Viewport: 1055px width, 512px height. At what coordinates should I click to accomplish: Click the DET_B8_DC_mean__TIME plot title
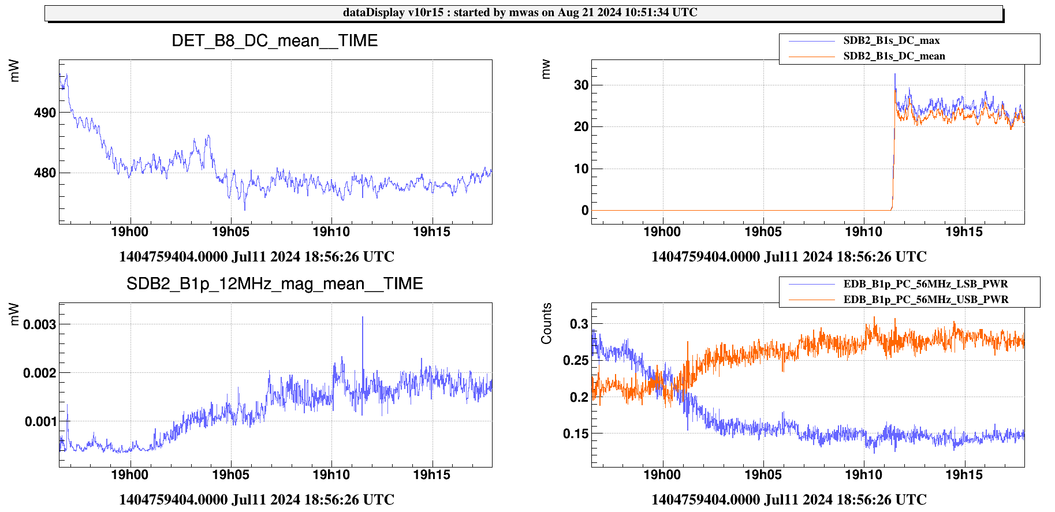click(275, 41)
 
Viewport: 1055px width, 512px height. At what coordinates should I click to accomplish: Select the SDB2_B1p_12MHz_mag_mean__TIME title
click(275, 284)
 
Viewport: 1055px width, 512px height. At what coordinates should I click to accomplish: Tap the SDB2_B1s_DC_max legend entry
click(891, 40)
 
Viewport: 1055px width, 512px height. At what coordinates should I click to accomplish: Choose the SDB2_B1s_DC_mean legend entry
click(894, 56)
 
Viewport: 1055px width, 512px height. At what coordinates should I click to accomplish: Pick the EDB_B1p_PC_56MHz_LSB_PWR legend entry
click(925, 284)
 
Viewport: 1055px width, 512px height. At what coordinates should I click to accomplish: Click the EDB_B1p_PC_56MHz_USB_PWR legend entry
click(926, 300)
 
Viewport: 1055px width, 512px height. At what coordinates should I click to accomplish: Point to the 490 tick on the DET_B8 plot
click(45, 113)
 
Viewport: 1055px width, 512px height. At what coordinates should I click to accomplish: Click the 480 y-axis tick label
click(45, 173)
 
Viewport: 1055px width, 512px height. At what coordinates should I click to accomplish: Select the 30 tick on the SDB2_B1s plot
click(581, 85)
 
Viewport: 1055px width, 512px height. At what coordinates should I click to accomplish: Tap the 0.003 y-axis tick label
click(40, 324)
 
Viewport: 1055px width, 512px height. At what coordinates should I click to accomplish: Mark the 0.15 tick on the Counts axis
click(575, 433)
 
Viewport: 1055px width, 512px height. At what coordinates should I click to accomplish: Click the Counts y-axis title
click(546, 323)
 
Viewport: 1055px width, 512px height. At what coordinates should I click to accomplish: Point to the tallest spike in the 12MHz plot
click(363, 317)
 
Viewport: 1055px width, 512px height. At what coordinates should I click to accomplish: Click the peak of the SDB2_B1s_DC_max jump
click(895, 74)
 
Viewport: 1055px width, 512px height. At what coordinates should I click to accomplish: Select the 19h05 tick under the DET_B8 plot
click(230, 232)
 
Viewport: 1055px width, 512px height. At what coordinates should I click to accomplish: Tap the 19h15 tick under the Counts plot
click(964, 475)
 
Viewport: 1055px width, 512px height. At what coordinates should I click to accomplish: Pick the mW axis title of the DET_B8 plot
click(14, 71)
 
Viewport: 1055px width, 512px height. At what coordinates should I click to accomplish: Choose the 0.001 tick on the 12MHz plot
click(41, 421)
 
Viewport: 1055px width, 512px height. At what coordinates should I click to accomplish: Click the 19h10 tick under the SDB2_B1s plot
click(863, 232)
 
